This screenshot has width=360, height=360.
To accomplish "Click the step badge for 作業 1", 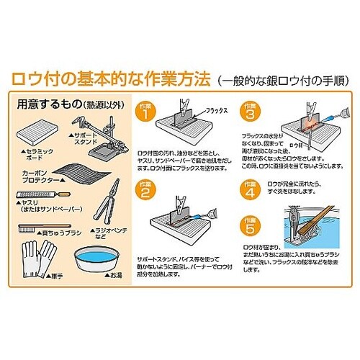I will click(146, 112).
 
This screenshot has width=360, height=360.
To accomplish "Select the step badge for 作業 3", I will click(250, 112).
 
